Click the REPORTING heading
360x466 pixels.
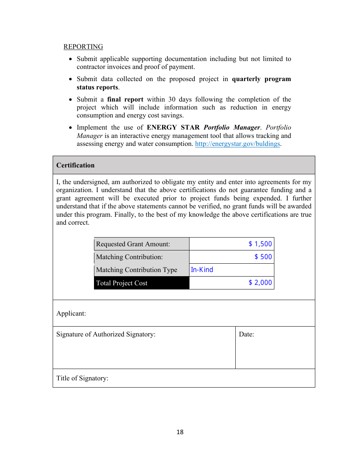click(83, 47)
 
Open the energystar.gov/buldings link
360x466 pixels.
click(237, 144)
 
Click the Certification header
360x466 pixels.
click(75, 165)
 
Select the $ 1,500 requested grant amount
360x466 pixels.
click(260, 244)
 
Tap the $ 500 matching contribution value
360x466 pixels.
click(263, 257)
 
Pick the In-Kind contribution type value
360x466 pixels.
click(202, 270)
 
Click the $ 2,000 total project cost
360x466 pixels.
click(260, 283)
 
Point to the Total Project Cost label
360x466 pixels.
click(122, 283)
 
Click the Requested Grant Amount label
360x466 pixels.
click(133, 244)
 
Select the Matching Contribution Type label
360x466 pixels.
click(136, 270)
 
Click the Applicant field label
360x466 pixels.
click(71, 313)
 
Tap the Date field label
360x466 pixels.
click(246, 334)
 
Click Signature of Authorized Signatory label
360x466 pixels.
click(106, 334)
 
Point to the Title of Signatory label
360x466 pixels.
click(82, 378)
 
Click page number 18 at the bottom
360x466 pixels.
click(180, 432)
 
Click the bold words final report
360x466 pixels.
click(125, 100)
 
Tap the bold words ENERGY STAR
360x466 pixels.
click(173, 128)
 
